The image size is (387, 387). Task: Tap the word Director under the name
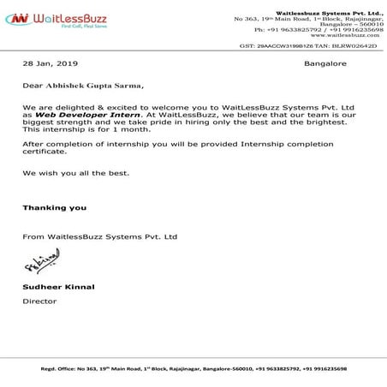click(36, 301)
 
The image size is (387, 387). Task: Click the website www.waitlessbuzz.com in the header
click(346, 36)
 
